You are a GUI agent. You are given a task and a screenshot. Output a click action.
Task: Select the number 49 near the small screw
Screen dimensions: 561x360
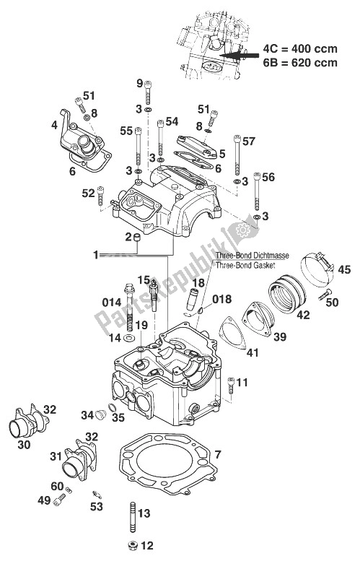43,499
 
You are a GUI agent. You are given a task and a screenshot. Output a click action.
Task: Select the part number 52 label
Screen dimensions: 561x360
88,193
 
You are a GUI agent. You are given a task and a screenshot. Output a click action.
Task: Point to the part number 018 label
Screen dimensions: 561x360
221,298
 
